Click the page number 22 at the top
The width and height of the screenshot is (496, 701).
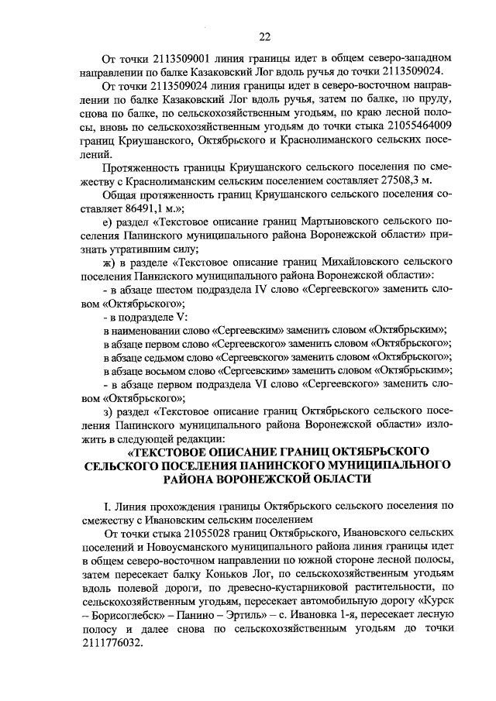coord(263,36)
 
